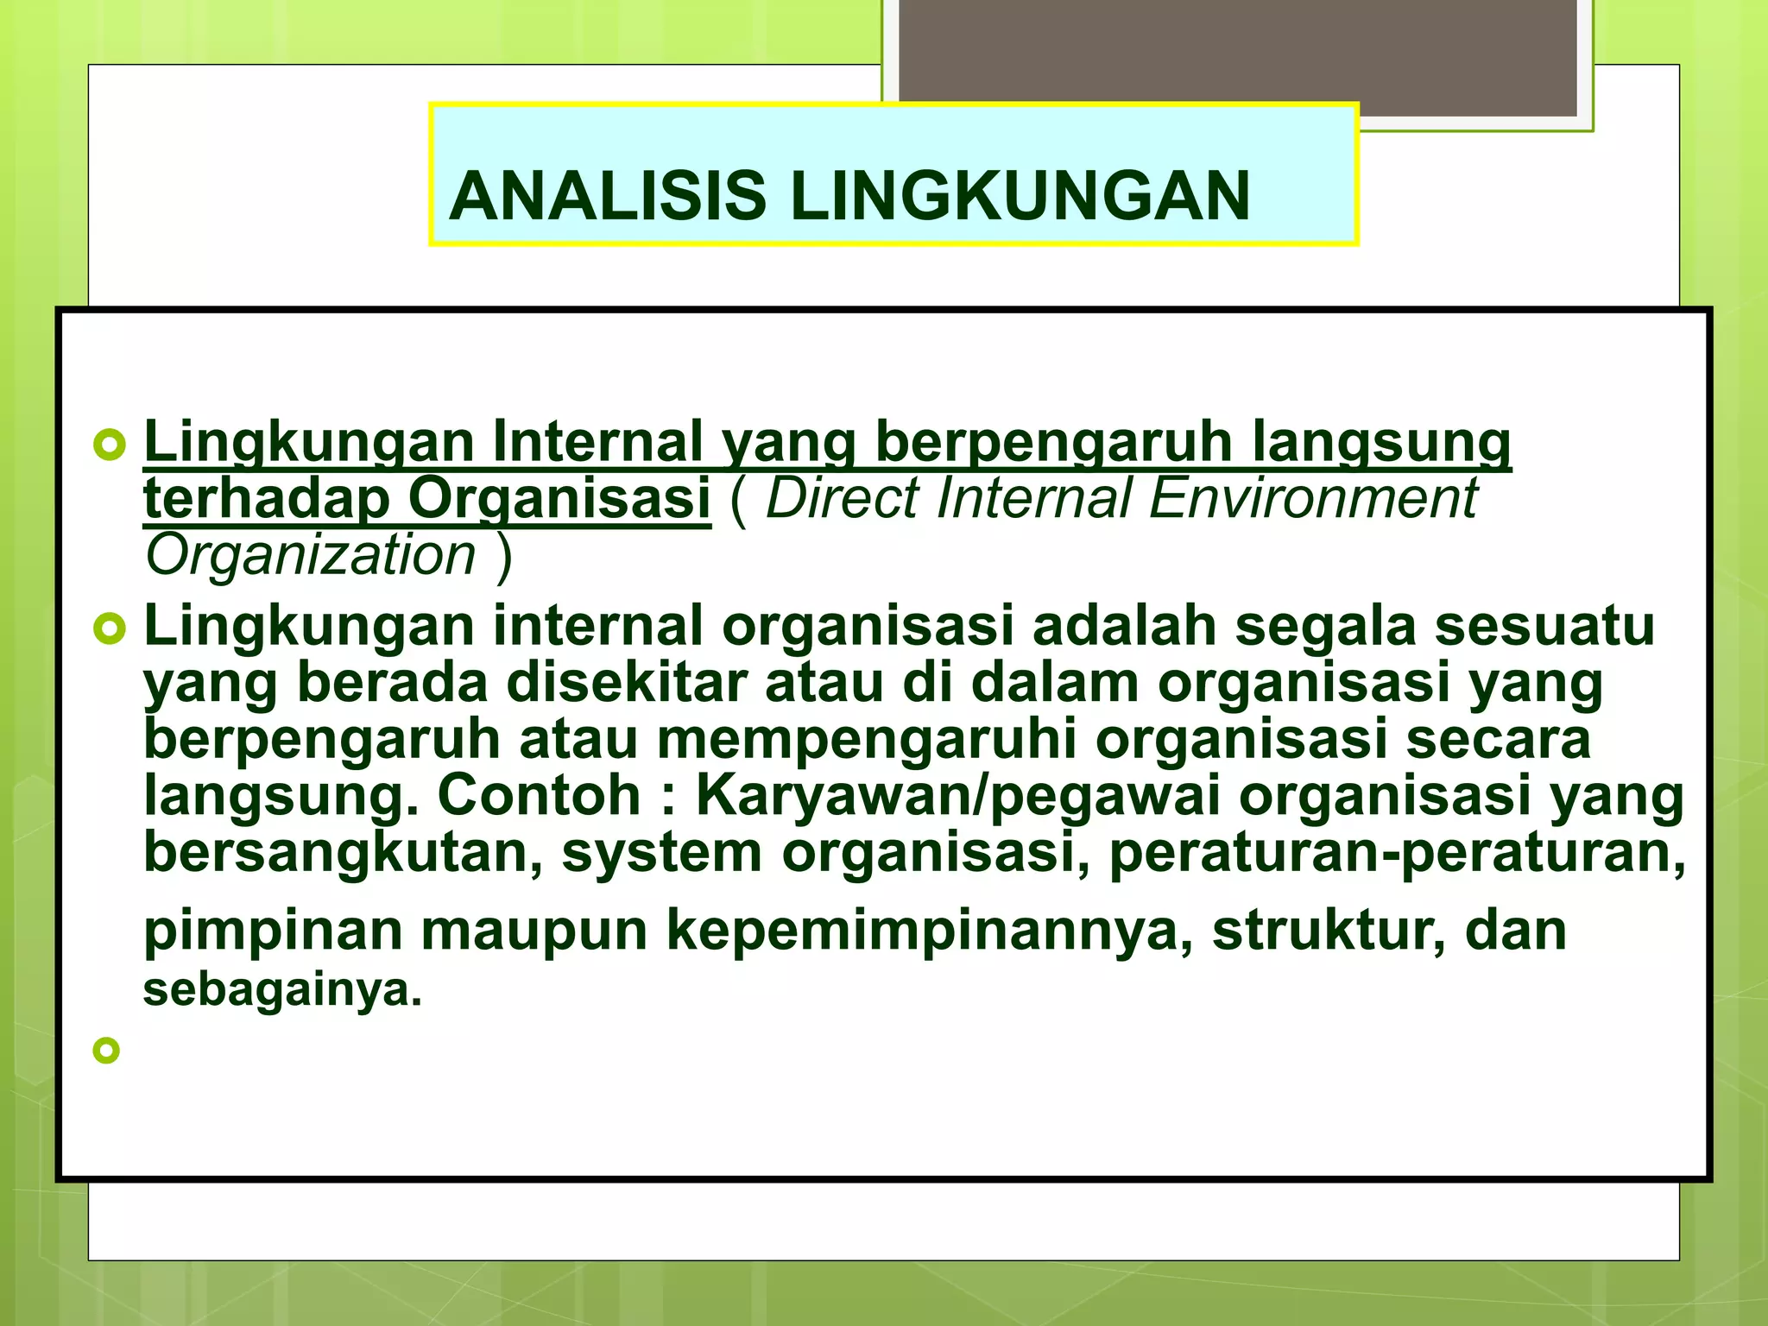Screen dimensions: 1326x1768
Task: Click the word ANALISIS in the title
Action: (607, 196)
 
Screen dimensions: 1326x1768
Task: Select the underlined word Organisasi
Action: (559, 499)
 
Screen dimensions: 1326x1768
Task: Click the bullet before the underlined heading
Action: (109, 445)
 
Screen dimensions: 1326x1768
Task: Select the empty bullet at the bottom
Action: (106, 1051)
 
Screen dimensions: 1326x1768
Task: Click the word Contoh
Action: (539, 795)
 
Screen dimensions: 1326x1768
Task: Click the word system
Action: (662, 853)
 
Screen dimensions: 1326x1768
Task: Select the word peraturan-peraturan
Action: (1395, 853)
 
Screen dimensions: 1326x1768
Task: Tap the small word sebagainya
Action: (281, 989)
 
